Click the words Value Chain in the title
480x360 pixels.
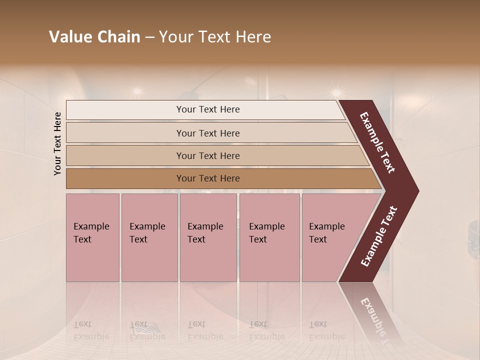click(94, 37)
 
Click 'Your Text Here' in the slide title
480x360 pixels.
click(215, 37)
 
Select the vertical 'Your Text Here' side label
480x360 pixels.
click(57, 143)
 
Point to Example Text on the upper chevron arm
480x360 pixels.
click(378, 142)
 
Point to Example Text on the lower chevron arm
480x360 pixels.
click(378, 236)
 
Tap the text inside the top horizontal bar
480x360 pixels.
click(208, 109)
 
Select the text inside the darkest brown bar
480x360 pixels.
click(208, 178)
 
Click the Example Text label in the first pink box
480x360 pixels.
click(91, 233)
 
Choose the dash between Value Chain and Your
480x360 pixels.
click(149, 37)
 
